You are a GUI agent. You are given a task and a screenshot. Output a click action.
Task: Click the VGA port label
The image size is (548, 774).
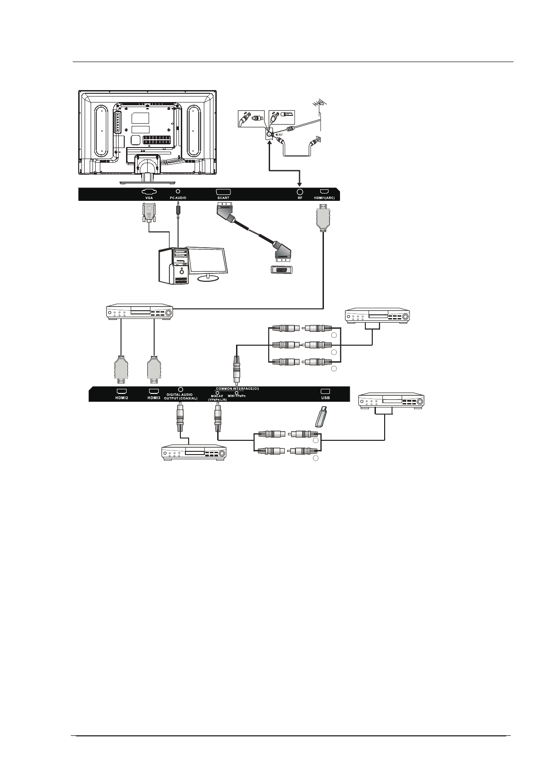click(x=149, y=198)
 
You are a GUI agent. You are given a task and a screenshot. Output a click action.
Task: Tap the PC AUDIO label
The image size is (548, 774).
click(x=178, y=198)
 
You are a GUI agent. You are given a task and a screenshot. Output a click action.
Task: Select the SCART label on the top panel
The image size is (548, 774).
click(x=223, y=198)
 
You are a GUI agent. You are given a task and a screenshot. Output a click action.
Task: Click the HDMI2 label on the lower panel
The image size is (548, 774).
click(x=121, y=398)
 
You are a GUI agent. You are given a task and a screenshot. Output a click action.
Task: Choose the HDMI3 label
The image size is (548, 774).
click(x=154, y=398)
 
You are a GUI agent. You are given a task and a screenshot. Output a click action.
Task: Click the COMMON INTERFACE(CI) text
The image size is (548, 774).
click(x=237, y=389)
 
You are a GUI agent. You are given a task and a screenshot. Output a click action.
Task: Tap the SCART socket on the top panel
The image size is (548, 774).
click(x=223, y=191)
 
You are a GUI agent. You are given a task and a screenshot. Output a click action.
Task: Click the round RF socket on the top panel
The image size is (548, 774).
click(x=300, y=191)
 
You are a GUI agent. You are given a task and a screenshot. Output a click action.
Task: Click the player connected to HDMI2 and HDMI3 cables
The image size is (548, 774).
click(x=139, y=313)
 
